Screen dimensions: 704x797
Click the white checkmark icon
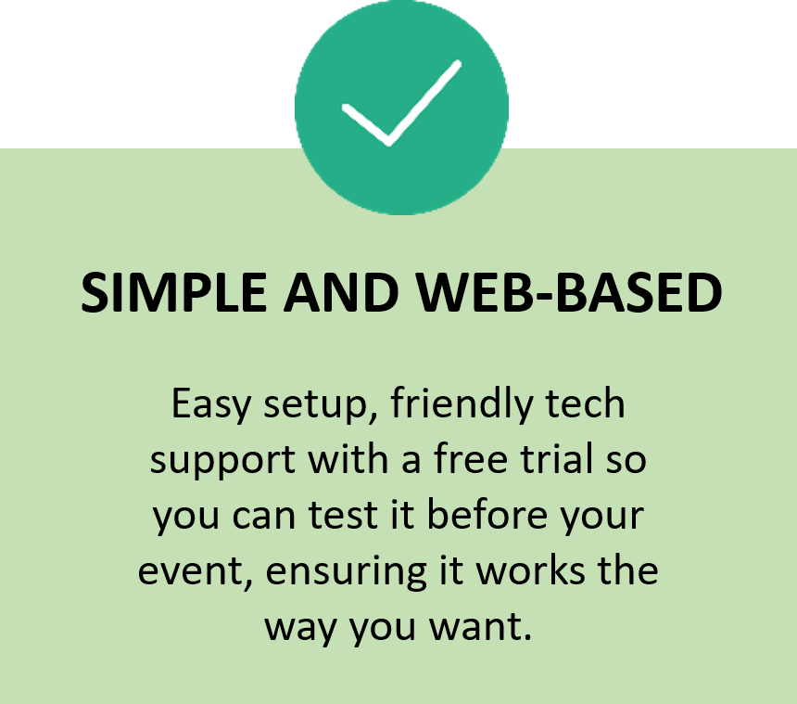coord(400,105)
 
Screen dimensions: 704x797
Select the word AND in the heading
coord(338,294)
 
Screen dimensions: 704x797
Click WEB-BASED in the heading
coord(569,294)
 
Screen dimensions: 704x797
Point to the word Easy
coord(209,406)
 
